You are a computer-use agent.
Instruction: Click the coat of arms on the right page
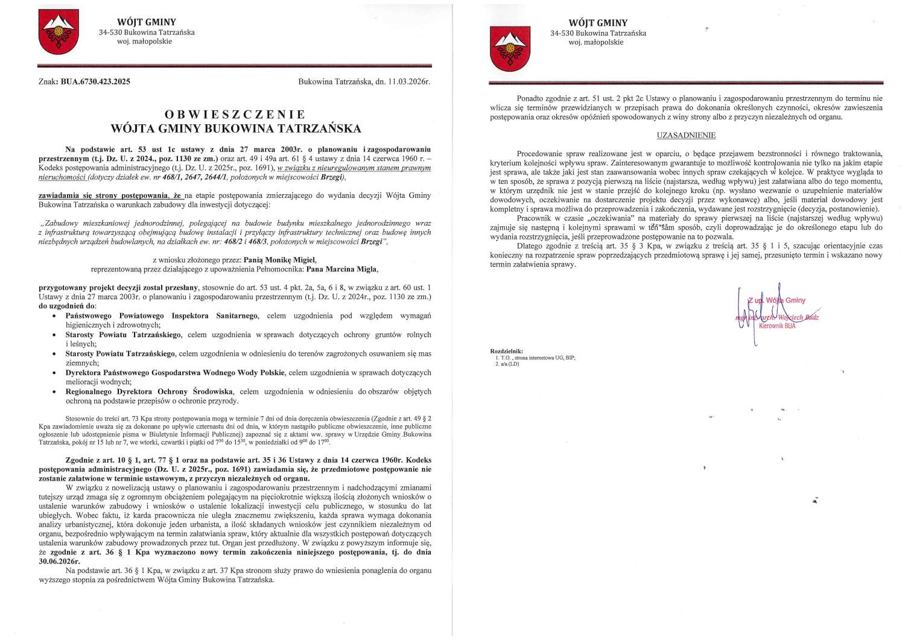point(510,46)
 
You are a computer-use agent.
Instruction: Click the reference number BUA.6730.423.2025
point(95,81)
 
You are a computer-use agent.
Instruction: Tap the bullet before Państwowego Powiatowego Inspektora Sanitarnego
point(55,315)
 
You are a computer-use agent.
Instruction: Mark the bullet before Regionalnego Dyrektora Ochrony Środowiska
point(55,391)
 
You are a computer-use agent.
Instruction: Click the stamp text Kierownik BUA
point(777,326)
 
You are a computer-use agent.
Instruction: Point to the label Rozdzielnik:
point(507,351)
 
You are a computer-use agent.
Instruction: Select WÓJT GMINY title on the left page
point(147,22)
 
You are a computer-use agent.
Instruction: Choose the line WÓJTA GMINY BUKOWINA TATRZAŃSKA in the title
point(236,128)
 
